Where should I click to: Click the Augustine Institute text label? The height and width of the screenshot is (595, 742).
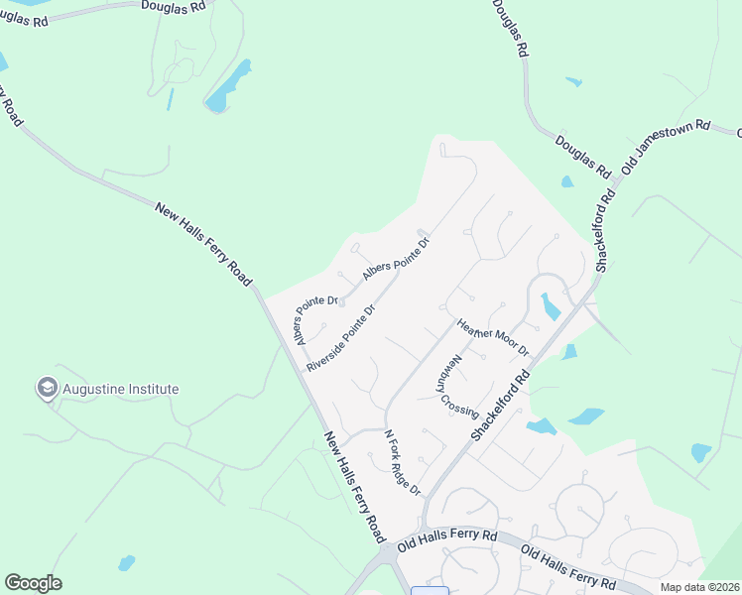[121, 389]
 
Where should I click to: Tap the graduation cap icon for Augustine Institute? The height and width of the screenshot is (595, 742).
[46, 389]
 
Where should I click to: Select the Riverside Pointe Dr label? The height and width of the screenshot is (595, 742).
[341, 338]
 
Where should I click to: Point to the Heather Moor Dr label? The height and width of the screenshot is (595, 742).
[493, 337]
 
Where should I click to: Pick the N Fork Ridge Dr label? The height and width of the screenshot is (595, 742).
[403, 463]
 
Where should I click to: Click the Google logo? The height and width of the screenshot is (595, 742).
[33, 583]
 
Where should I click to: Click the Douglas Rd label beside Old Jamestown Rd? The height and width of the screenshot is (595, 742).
[583, 156]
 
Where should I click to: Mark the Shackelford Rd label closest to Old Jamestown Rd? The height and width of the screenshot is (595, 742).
[606, 229]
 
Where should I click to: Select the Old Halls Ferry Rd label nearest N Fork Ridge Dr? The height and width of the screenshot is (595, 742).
[446, 540]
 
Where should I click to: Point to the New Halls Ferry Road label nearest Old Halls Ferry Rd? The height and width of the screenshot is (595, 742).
[354, 486]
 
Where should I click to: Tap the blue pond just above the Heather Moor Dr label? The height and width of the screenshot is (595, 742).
[549, 306]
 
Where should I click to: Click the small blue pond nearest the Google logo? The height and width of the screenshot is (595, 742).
[126, 563]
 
